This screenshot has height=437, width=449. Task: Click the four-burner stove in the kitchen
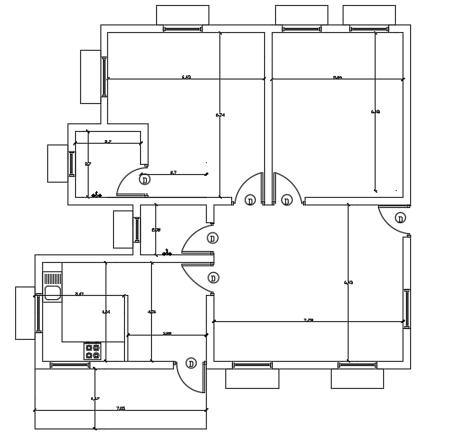click(x=93, y=351)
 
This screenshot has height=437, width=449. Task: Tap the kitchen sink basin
click(x=52, y=293)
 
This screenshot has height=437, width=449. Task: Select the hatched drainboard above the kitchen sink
click(x=52, y=277)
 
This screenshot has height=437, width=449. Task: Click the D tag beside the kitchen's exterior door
click(x=191, y=363)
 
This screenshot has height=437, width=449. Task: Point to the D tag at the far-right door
click(x=400, y=218)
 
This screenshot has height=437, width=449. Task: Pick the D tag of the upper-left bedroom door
click(x=251, y=200)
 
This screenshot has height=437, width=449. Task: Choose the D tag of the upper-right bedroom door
click(x=287, y=200)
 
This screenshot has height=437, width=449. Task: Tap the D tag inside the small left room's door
click(x=144, y=180)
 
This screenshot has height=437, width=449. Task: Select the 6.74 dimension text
click(x=220, y=114)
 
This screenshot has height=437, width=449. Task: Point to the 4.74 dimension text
click(x=151, y=312)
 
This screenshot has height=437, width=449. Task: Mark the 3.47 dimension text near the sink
click(x=78, y=293)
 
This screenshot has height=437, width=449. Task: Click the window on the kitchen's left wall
click(x=39, y=314)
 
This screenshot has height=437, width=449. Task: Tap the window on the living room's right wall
click(x=406, y=308)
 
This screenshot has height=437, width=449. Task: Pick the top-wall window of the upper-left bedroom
click(x=182, y=29)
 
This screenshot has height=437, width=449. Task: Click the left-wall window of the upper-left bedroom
click(x=105, y=77)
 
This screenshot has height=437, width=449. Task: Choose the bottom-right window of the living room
click(x=357, y=364)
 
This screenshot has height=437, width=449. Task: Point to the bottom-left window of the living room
click(x=252, y=364)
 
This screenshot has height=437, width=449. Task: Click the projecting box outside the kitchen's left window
click(x=25, y=314)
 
